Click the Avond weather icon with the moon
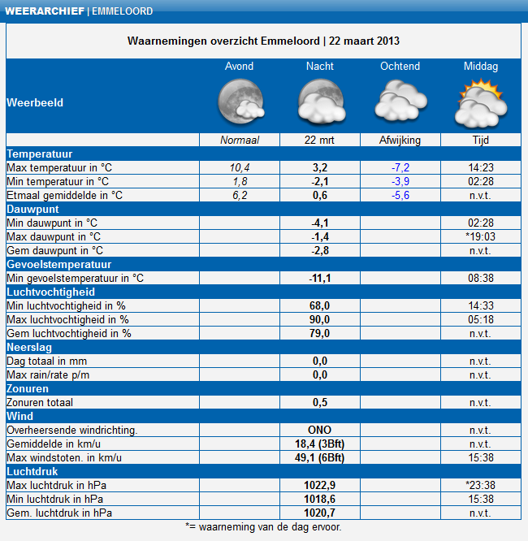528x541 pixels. tap(241, 102)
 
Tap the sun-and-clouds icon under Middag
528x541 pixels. tap(481, 102)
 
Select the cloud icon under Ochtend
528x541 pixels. tap(400, 100)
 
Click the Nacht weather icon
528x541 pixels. tap(322, 102)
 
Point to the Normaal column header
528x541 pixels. tap(240, 140)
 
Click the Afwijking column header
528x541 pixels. tap(400, 140)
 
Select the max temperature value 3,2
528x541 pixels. tap(320, 167)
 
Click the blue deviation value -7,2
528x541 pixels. tap(400, 167)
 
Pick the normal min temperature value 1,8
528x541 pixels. tap(240, 181)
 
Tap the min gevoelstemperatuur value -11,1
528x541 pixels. tap(320, 278)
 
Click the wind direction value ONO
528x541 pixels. tap(319, 430)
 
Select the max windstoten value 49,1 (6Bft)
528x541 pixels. tap(319, 457)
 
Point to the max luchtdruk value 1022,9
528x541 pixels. tap(319, 485)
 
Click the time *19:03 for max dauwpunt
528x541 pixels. tap(480, 236)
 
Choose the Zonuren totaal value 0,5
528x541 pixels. tap(320, 402)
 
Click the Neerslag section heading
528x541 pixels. tap(29, 347)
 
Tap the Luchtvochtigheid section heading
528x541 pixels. tap(50, 292)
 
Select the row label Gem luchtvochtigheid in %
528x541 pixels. tap(69, 333)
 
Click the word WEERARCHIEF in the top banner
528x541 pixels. tap(45, 11)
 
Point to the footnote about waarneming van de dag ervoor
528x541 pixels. tap(263, 527)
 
